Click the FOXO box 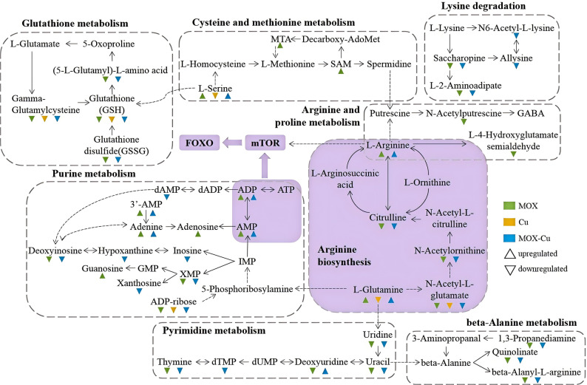[200, 143]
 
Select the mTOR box [265, 143]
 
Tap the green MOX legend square [509, 205]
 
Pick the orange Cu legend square [509, 222]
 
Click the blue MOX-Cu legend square [509, 238]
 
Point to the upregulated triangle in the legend [509, 254]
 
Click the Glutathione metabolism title [75, 23]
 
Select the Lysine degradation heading [483, 6]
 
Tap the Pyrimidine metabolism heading [214, 331]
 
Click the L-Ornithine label [427, 183]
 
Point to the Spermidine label [389, 64]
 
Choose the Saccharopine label [459, 58]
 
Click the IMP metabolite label [247, 261]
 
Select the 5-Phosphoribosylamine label [247, 289]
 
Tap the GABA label [531, 113]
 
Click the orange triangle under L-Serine [215, 96]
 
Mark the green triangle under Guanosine [102, 276]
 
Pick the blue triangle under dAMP [167, 197]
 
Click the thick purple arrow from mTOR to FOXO [232, 143]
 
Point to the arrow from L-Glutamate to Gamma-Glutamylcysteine [32, 72]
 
